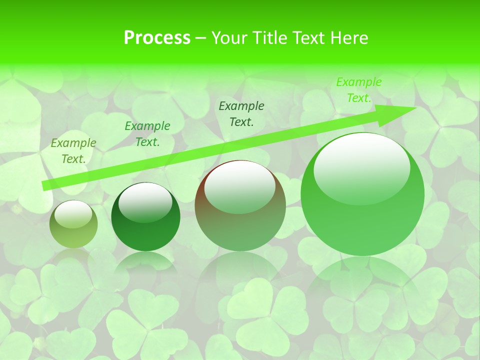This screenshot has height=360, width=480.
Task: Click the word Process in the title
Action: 157,38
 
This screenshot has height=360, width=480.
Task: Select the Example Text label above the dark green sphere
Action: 147,134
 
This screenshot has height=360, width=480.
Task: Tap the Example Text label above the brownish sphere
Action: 241,114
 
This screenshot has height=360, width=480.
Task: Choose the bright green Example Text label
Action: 359,90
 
